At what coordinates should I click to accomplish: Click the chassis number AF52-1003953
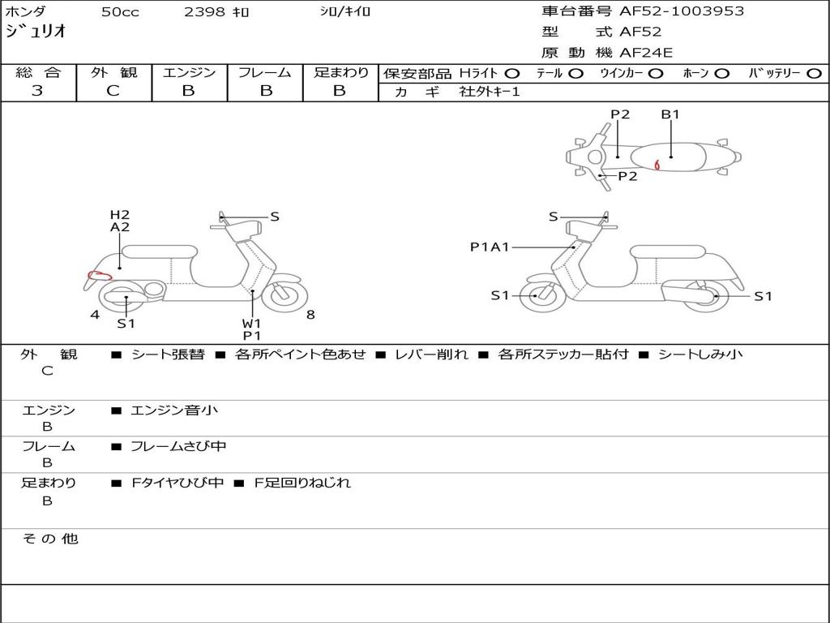[x=682, y=11]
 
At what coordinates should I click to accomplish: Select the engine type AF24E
[x=646, y=53]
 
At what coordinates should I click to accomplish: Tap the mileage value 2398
[x=204, y=11]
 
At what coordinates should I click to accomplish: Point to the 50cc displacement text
[x=120, y=11]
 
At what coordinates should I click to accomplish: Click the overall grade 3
[x=37, y=91]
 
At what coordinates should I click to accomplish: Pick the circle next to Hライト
[x=512, y=73]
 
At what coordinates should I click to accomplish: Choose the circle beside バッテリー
[x=814, y=73]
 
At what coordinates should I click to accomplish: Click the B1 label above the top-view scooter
[x=670, y=114]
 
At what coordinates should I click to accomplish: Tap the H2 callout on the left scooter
[x=120, y=214]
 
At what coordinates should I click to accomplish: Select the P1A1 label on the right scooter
[x=490, y=247]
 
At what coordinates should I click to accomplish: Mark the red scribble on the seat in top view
[x=657, y=165]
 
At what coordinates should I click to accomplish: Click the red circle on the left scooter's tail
[x=99, y=275]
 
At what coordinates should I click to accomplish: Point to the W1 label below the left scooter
[x=252, y=323]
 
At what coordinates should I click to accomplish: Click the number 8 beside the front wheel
[x=310, y=315]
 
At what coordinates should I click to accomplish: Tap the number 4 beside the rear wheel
[x=95, y=315]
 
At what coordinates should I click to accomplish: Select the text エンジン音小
[x=174, y=410]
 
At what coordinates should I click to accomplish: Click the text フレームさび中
[x=178, y=446]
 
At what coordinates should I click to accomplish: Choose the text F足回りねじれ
[x=302, y=483]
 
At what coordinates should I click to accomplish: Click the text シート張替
[x=169, y=354]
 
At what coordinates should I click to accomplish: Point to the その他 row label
[x=50, y=539]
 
